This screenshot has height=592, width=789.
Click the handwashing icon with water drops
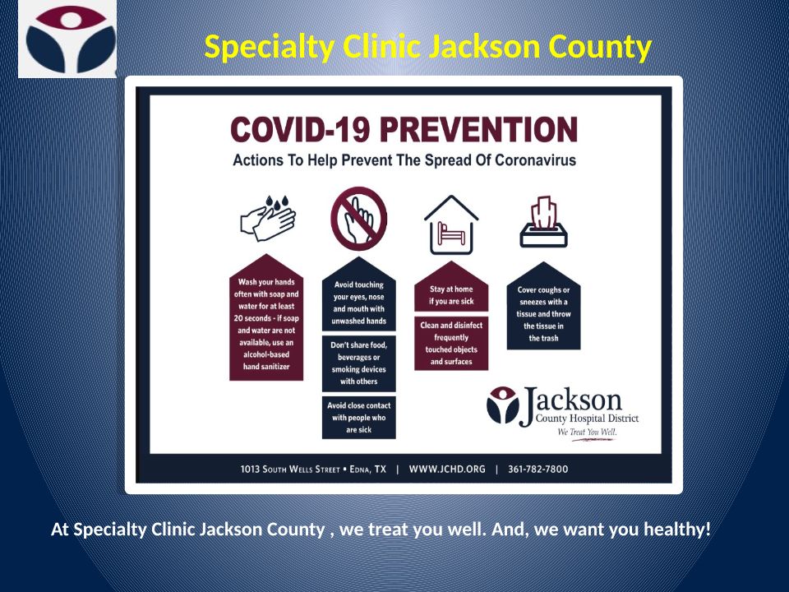268,218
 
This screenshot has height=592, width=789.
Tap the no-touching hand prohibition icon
359,219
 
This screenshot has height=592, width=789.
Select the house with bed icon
451,224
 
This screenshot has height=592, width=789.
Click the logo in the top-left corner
67,39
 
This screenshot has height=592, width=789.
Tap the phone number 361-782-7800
538,469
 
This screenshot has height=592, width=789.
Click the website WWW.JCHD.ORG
447,469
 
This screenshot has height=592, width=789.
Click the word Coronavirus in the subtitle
535,160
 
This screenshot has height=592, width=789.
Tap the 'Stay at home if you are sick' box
451,286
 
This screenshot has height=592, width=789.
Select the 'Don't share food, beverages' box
359,363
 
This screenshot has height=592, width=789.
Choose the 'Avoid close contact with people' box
359,418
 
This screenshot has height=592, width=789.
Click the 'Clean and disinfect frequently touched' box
451,344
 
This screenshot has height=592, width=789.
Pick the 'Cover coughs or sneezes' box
543,306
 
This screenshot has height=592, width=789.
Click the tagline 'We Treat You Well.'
587,432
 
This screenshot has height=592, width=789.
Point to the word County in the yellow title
600,47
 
